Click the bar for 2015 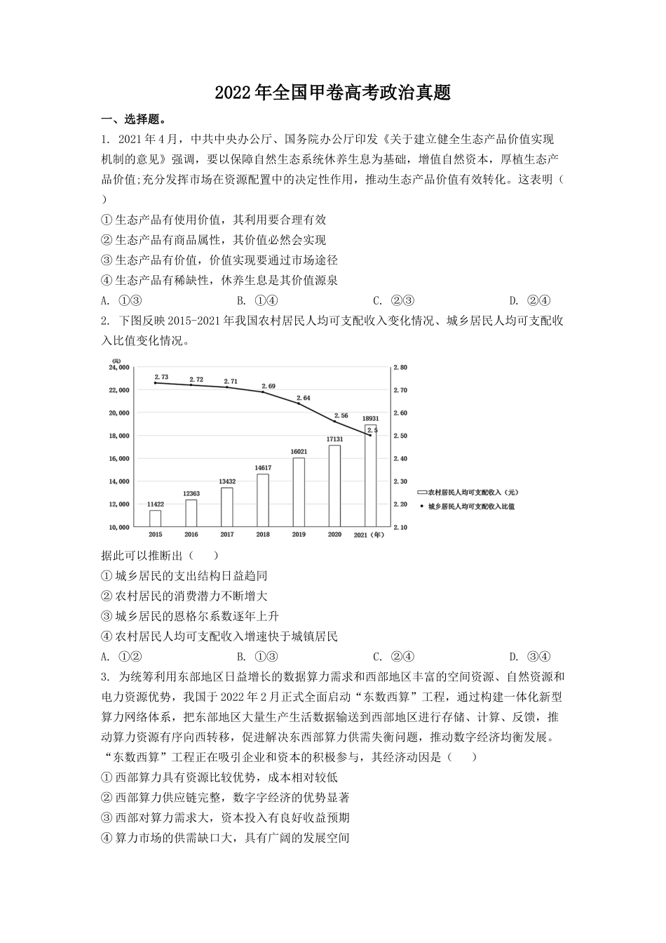pos(155,518)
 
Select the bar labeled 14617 pos(262,500)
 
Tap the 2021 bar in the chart pos(370,477)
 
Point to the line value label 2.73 pos(161,377)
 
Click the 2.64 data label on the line pos(305,398)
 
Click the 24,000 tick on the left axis pos(119,367)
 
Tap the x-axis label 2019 pos(299,535)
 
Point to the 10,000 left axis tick pos(119,527)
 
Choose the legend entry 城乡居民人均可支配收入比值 pos(470,506)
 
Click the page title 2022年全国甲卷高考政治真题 pos(333,93)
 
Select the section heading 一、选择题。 pos(134,119)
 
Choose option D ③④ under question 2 pos(530,657)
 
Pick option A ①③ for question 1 pos(123,301)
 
